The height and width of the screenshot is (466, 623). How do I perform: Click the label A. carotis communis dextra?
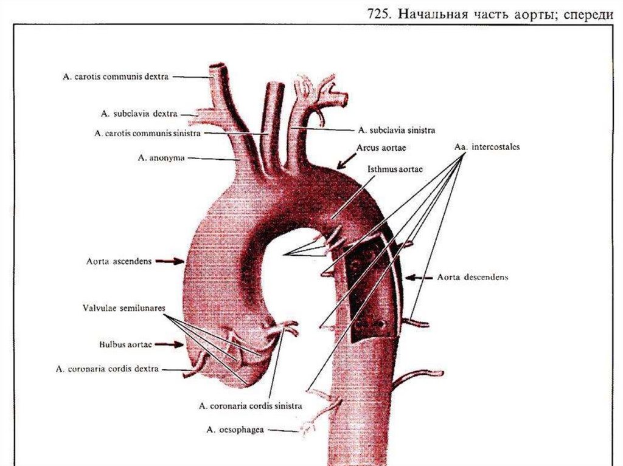click(116, 77)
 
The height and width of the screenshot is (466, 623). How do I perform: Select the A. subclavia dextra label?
click(139, 113)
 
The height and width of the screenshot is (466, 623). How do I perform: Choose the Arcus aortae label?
click(381, 148)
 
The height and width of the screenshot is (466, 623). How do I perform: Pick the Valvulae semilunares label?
click(124, 309)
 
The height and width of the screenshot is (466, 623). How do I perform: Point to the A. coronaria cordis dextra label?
click(107, 369)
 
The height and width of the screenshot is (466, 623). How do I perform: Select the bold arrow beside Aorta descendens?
click(419, 277)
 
